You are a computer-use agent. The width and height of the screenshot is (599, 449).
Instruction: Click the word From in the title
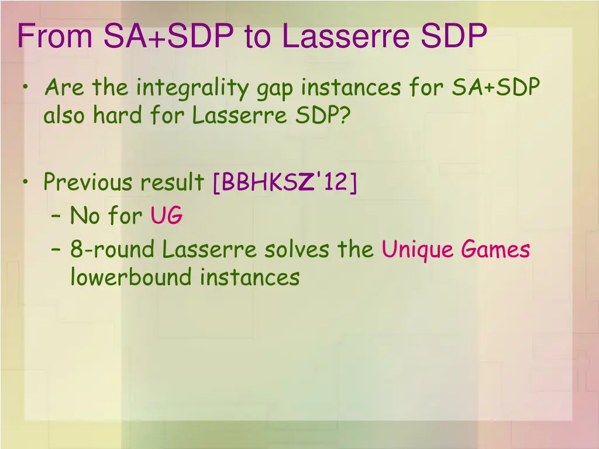pos(55,36)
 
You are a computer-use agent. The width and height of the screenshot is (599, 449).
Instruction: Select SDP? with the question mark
pos(322,116)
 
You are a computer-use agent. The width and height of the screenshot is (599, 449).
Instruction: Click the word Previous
pos(87,182)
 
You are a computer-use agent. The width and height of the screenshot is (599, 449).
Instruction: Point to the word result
pos(171,182)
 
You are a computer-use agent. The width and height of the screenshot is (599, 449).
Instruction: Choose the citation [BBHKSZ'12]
pos(284,182)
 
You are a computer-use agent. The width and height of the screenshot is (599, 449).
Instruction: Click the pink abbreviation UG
pos(167,216)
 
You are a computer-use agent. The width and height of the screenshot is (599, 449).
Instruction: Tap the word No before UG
pos(85,216)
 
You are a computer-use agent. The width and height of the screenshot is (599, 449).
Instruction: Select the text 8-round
pos(112,250)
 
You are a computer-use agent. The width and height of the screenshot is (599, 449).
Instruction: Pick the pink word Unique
pos(418,251)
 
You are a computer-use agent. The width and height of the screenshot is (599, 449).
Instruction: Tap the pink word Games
pos(495,250)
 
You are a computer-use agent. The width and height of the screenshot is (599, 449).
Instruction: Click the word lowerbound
pos(131,277)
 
